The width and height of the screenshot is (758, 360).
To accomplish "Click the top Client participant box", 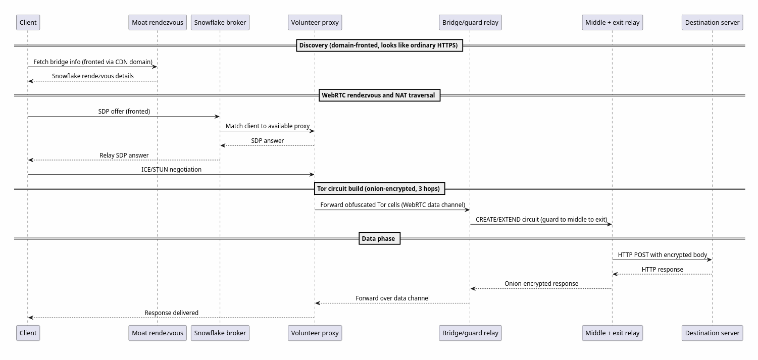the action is pyautogui.click(x=28, y=22).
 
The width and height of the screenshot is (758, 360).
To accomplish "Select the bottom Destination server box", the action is pyautogui.click(x=713, y=333).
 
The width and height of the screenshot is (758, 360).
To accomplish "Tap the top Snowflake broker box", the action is pyautogui.click(x=220, y=22).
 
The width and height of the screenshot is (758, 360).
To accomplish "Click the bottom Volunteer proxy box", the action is pyautogui.click(x=315, y=333).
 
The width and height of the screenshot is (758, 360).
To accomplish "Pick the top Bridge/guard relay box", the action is pyautogui.click(x=470, y=22).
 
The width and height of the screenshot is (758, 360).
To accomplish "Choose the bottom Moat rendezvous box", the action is pyautogui.click(x=158, y=333).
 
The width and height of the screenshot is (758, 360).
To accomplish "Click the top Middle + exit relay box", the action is pyautogui.click(x=613, y=22).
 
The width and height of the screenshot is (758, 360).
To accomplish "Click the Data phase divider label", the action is pyautogui.click(x=379, y=238).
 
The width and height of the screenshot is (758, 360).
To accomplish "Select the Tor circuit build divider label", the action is pyautogui.click(x=379, y=188).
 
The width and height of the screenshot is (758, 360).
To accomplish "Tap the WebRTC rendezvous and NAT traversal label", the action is pyautogui.click(x=379, y=95).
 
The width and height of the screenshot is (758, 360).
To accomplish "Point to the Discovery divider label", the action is pyautogui.click(x=379, y=45).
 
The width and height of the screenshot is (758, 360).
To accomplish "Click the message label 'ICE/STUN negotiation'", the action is pyautogui.click(x=171, y=170).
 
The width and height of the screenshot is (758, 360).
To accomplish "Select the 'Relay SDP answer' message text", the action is pyautogui.click(x=124, y=156).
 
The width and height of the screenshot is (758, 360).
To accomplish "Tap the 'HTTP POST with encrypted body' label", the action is pyautogui.click(x=662, y=255).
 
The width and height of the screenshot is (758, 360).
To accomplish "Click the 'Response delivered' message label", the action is pyautogui.click(x=171, y=313).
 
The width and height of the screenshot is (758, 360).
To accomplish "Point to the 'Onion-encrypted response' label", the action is pyautogui.click(x=541, y=284).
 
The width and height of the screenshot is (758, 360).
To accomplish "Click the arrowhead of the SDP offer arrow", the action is pyautogui.click(x=217, y=117).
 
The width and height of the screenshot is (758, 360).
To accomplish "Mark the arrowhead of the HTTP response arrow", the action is pyautogui.click(x=615, y=274).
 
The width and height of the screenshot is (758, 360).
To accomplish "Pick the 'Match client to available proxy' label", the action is pyautogui.click(x=267, y=126).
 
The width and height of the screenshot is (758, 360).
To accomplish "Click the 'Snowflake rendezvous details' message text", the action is pyautogui.click(x=93, y=76).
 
